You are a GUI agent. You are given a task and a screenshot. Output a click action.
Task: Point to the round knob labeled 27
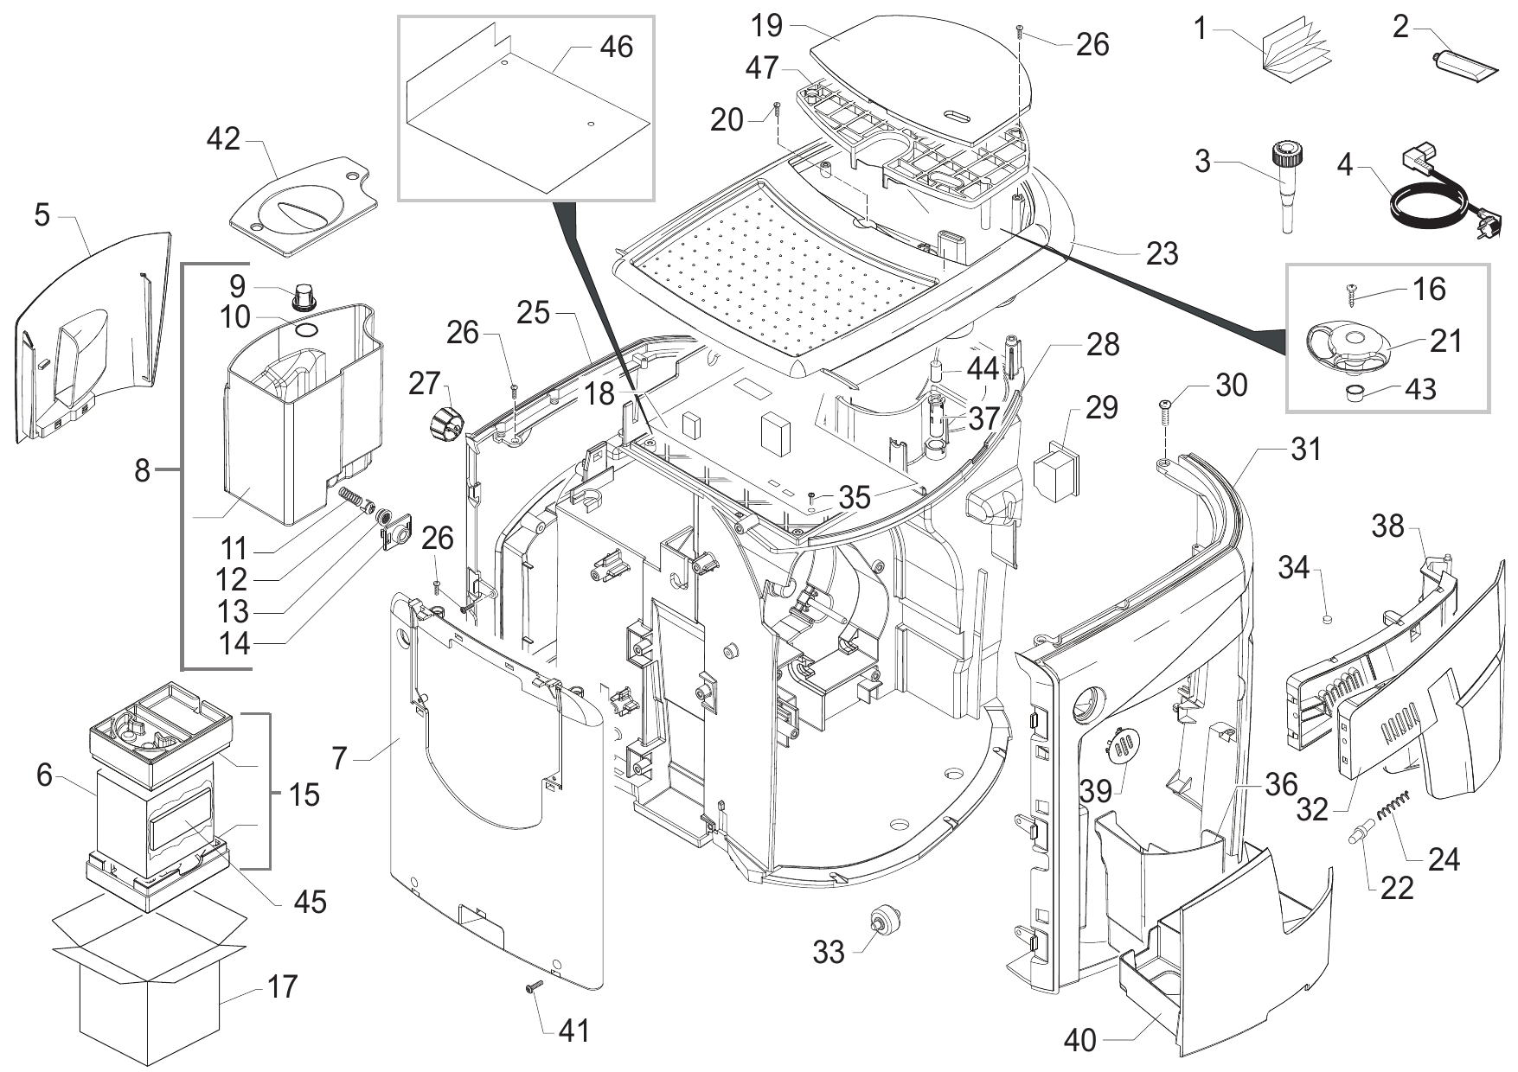[445, 424]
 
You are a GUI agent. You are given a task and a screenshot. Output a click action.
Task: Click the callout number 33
[828, 952]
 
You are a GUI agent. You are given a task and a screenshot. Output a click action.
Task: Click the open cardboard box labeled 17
[147, 986]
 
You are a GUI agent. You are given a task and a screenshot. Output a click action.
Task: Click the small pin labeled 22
[1358, 835]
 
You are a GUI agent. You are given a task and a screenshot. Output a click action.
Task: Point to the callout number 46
[616, 46]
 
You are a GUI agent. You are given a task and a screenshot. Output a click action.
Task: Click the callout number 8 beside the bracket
[143, 471]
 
